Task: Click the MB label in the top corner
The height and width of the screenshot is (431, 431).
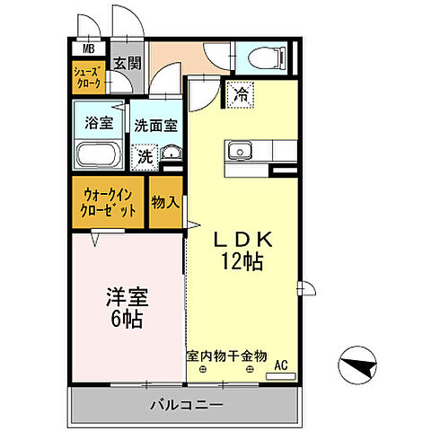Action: (89, 49)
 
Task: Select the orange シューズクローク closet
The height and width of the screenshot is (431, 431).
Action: (89, 75)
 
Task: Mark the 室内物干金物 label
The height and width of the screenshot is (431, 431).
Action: (227, 356)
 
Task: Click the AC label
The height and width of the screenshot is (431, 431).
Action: (280, 365)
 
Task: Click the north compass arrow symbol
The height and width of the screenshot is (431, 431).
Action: (357, 365)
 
